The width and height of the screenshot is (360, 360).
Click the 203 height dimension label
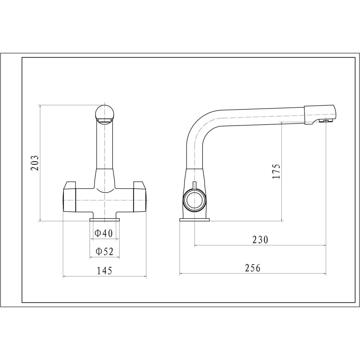pyautogui.click(x=35, y=163)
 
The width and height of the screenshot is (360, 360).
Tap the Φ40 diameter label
pyautogui.click(x=103, y=233)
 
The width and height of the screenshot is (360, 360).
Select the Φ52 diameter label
pyautogui.click(x=104, y=251)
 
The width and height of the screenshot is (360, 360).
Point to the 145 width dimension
pyautogui.click(x=104, y=271)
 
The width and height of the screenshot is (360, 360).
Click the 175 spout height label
pyautogui.click(x=276, y=172)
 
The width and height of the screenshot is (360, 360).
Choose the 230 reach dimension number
pyautogui.click(x=260, y=239)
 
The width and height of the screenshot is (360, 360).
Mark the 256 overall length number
pyautogui.click(x=253, y=268)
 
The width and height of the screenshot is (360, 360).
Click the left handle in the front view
pyautogui.click(x=70, y=196)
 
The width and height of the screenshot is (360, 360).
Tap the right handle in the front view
pyautogui.click(x=140, y=196)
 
